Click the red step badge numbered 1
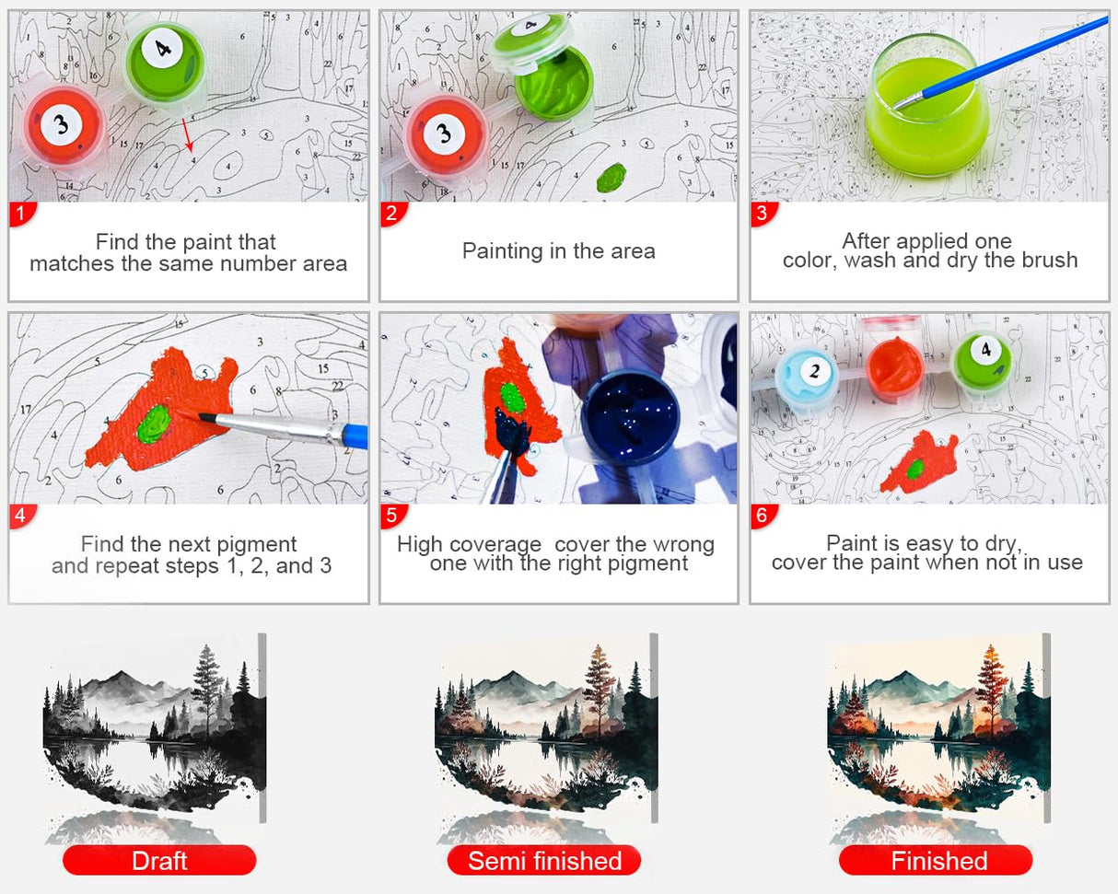22,214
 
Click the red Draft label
159,860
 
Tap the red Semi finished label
544,860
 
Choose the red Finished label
936,860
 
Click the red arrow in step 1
188,135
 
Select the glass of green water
926,107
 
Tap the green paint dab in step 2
611,177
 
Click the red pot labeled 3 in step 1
64,127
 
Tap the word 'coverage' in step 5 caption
495,545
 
